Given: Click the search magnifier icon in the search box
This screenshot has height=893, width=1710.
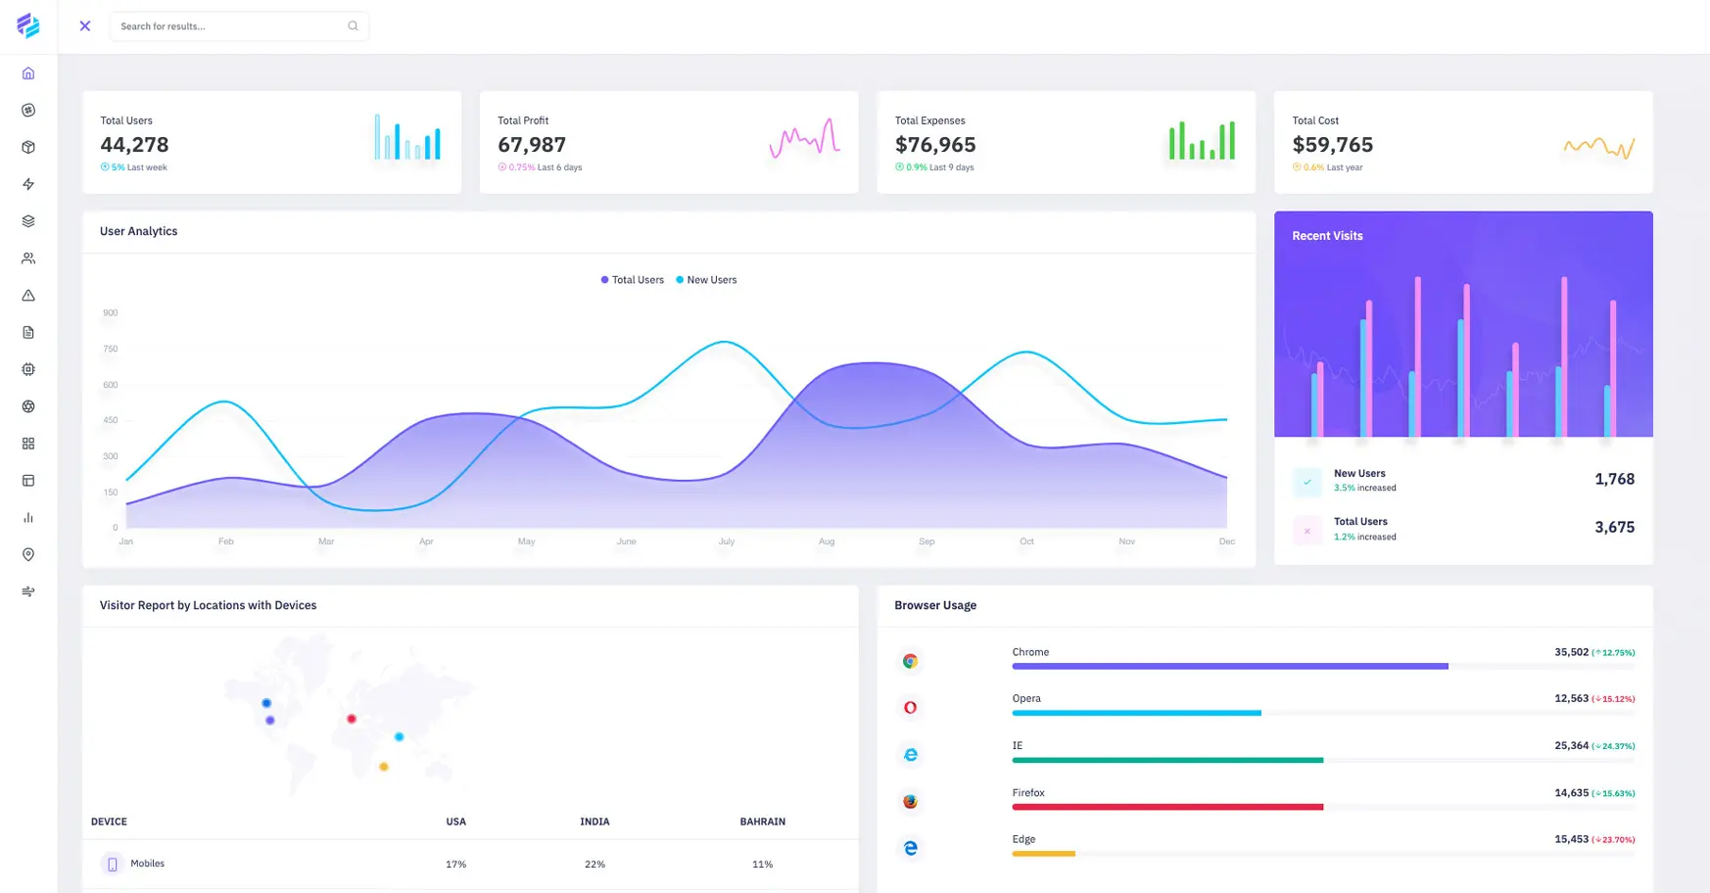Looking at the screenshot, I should tap(353, 26).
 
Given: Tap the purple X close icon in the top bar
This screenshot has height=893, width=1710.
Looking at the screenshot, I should tap(85, 26).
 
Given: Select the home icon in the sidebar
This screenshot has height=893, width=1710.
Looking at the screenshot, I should tap(28, 73).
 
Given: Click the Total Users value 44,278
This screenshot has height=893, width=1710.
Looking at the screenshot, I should tap(134, 145).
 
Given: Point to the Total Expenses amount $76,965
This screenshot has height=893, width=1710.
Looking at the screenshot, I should tap(934, 145).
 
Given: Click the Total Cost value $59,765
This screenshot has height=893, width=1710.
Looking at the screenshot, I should tap(1332, 145).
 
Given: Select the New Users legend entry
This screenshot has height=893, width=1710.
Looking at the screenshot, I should tap(706, 280).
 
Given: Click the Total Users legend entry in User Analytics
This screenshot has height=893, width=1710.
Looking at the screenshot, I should tap(632, 280).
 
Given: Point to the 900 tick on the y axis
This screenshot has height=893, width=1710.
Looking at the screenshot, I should tap(111, 313).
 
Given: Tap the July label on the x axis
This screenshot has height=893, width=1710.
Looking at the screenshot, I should tap(726, 541).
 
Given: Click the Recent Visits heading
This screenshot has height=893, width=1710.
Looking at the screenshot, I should tap(1327, 236).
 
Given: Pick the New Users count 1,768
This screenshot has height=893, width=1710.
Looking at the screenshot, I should tap(1614, 479).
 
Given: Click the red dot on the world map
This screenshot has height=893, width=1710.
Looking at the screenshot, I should tap(352, 719).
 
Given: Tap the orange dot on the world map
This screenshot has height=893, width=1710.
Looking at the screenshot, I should tap(384, 767).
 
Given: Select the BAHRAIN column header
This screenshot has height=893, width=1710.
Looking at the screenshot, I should tap(762, 822).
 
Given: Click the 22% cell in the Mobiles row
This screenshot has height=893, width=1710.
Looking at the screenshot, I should tap(594, 865).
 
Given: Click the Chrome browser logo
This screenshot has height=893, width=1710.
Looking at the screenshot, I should tap(910, 661).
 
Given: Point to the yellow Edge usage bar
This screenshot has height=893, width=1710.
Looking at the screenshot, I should tap(1043, 854).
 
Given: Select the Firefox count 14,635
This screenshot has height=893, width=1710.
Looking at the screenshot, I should tap(1571, 793).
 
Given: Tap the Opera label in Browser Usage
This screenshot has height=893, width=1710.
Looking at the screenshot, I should tap(1026, 698).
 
